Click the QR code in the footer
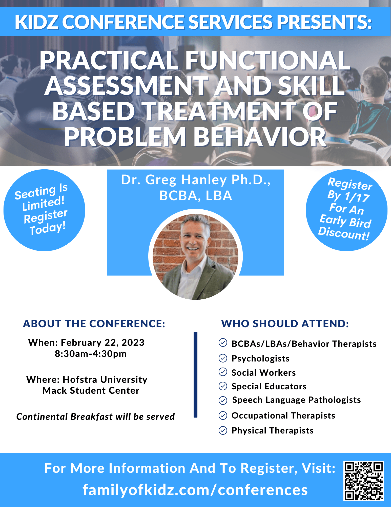(x=363, y=481)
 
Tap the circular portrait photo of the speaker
(x=195, y=256)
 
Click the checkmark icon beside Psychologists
(x=223, y=358)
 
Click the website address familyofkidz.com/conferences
(x=195, y=490)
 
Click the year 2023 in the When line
(x=133, y=342)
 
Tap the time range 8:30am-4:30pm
(x=91, y=354)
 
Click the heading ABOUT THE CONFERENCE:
(x=94, y=324)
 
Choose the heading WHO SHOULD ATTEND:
(x=285, y=324)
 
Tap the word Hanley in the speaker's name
(x=204, y=180)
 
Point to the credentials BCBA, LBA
(x=196, y=196)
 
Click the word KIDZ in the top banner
(x=37, y=22)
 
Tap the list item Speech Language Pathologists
(x=296, y=400)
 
